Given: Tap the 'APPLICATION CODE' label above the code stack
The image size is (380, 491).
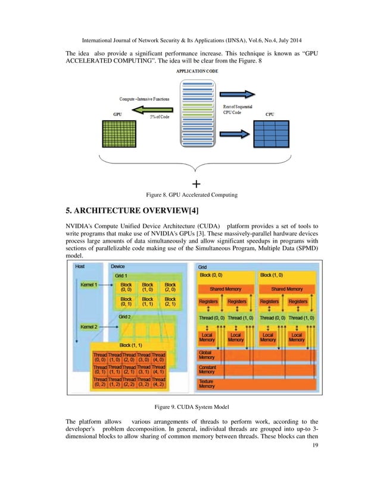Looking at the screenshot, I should (197, 70).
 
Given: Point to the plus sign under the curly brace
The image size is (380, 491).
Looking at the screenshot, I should (197, 183).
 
